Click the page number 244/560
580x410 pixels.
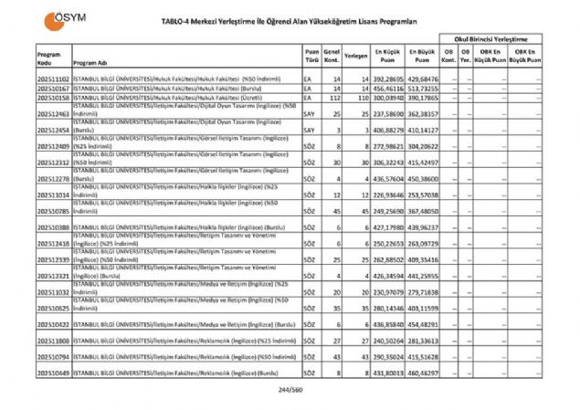click(x=290, y=389)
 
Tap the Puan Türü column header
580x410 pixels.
click(x=311, y=58)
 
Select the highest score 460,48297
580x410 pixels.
click(x=423, y=373)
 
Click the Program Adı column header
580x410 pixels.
click(x=92, y=63)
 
